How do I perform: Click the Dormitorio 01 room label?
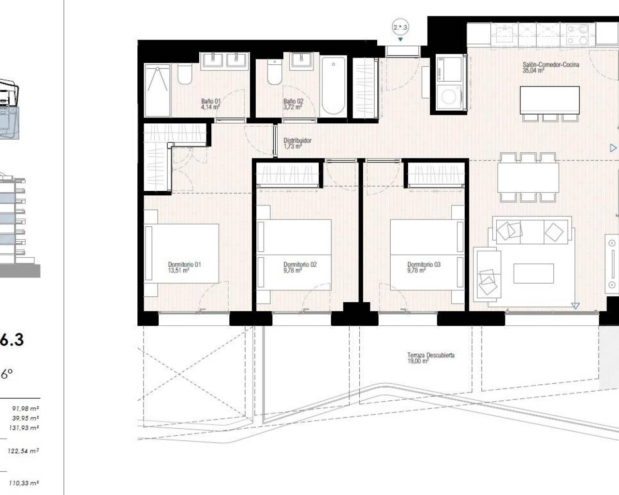pyautogui.click(x=184, y=264)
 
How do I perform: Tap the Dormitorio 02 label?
pyautogui.click(x=300, y=264)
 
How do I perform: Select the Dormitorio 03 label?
pyautogui.click(x=424, y=264)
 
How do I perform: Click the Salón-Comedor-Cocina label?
pyautogui.click(x=550, y=64)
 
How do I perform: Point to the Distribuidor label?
pyautogui.click(x=297, y=141)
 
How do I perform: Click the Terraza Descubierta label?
pyautogui.click(x=430, y=355)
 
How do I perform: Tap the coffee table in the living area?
pyautogui.click(x=533, y=273)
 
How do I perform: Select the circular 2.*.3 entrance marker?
pyautogui.click(x=400, y=28)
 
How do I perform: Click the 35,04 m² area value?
pyautogui.click(x=533, y=71)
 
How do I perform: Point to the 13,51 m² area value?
pyautogui.click(x=178, y=271)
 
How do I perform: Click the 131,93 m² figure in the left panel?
pyautogui.click(x=26, y=428)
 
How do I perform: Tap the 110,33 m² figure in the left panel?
pyautogui.click(x=26, y=482)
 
